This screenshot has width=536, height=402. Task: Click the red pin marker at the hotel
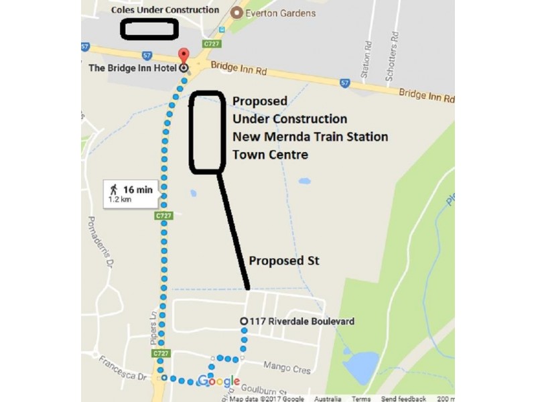[183, 56]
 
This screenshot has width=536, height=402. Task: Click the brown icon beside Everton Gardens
[237, 12]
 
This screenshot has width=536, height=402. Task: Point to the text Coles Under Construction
[165, 10]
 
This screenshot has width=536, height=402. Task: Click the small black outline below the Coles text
[149, 29]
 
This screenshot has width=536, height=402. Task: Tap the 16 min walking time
[138, 190]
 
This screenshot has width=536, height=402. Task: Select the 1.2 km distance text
[121, 200]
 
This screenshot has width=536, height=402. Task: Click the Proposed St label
[281, 260]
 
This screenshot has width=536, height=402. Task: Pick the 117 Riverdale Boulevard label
[301, 322]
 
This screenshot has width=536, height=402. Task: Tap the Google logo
[218, 382]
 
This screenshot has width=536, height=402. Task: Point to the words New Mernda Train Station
[310, 137]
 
